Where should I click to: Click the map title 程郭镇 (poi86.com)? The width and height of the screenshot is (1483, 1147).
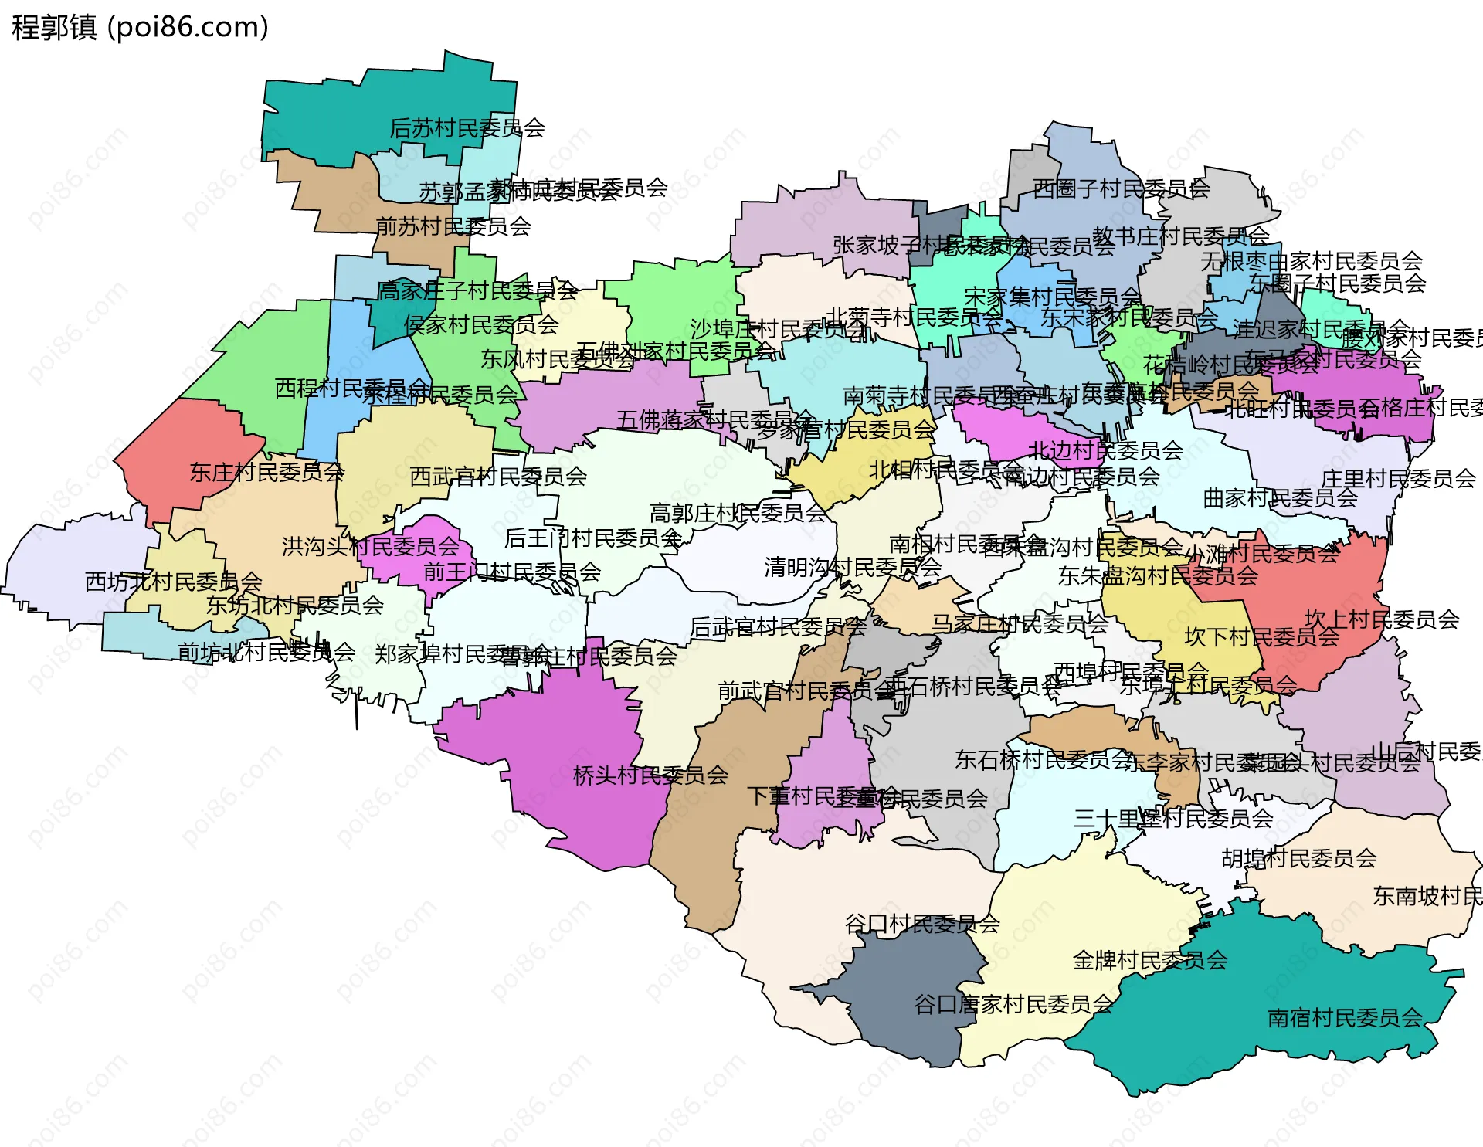click(140, 27)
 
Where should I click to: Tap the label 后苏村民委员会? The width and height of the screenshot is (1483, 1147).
click(467, 127)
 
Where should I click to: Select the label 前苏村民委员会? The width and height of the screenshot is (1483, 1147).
click(453, 226)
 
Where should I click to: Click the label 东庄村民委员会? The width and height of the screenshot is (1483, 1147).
click(267, 472)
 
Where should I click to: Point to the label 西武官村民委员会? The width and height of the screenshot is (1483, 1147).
click(498, 477)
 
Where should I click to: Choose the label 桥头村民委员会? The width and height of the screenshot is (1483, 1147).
click(650, 775)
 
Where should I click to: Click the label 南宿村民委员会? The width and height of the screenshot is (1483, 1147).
click(1345, 1018)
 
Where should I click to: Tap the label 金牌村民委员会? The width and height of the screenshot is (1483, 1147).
click(1150, 960)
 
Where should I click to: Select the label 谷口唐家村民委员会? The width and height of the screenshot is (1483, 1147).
click(1013, 1004)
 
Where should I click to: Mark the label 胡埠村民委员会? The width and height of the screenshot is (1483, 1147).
click(1299, 857)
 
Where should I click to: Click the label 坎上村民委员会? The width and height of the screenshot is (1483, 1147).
click(1382, 619)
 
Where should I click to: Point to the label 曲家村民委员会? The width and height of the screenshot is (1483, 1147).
click(1280, 497)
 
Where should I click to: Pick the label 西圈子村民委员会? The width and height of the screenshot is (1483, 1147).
click(1121, 188)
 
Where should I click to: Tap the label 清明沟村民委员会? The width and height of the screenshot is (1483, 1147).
click(853, 567)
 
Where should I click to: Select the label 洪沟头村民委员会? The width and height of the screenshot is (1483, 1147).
click(371, 546)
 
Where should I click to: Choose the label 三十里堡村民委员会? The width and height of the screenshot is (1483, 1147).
click(1173, 818)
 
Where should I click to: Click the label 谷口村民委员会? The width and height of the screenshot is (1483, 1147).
click(922, 923)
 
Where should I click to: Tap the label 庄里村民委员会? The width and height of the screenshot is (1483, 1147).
click(1398, 478)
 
